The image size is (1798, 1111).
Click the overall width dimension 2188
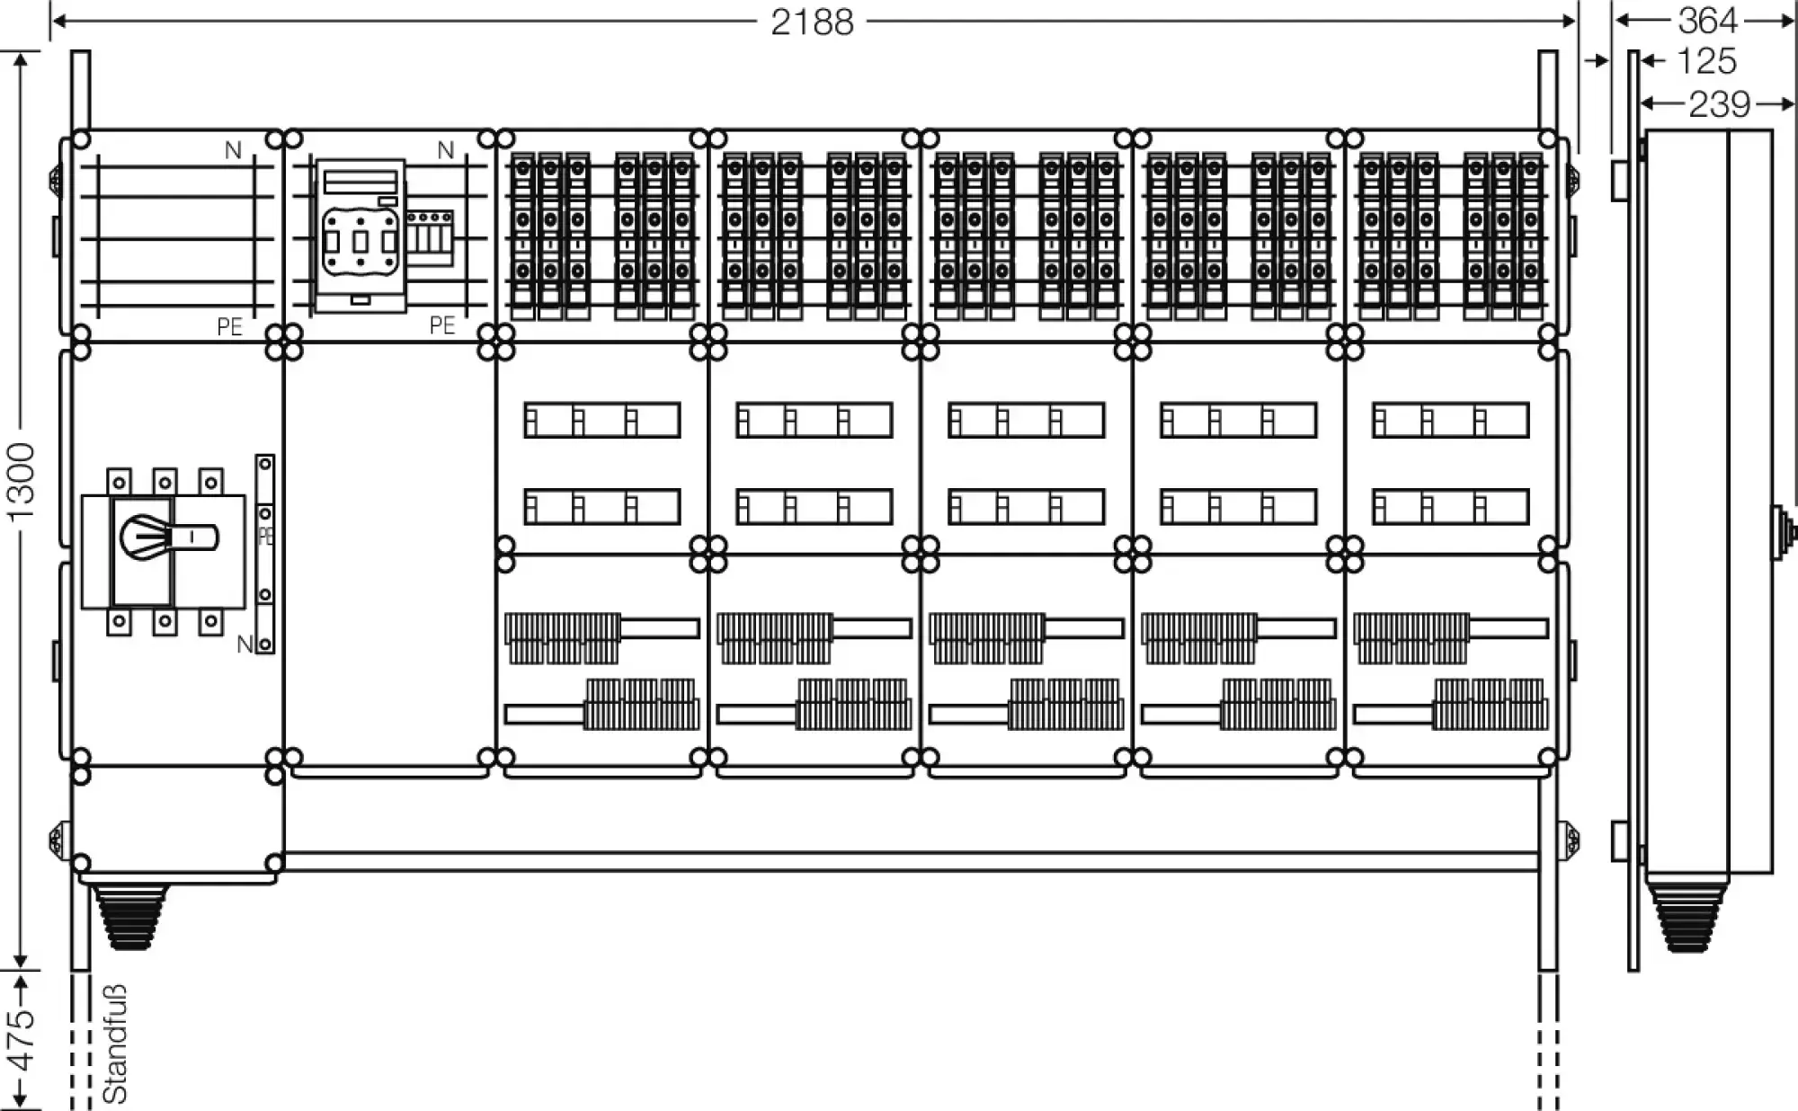(x=812, y=22)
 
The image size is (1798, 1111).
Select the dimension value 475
(x=20, y=1040)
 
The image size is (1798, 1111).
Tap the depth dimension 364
(x=1707, y=20)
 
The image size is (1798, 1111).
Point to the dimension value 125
(x=1706, y=61)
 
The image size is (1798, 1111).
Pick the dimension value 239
(x=1719, y=104)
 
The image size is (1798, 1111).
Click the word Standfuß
(x=115, y=1044)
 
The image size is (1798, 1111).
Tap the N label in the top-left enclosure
(x=233, y=150)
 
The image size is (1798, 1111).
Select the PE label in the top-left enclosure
(x=230, y=326)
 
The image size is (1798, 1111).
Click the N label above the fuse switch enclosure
(x=445, y=150)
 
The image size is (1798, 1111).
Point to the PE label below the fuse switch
(x=442, y=324)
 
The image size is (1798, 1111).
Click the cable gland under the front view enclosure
(x=131, y=915)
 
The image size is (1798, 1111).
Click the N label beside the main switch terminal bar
(x=244, y=644)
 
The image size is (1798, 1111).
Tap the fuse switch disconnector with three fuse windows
(x=360, y=236)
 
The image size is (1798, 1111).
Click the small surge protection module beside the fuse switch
(x=429, y=236)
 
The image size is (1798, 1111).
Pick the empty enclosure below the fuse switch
(x=389, y=553)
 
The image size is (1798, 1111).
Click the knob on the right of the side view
(x=1782, y=532)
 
